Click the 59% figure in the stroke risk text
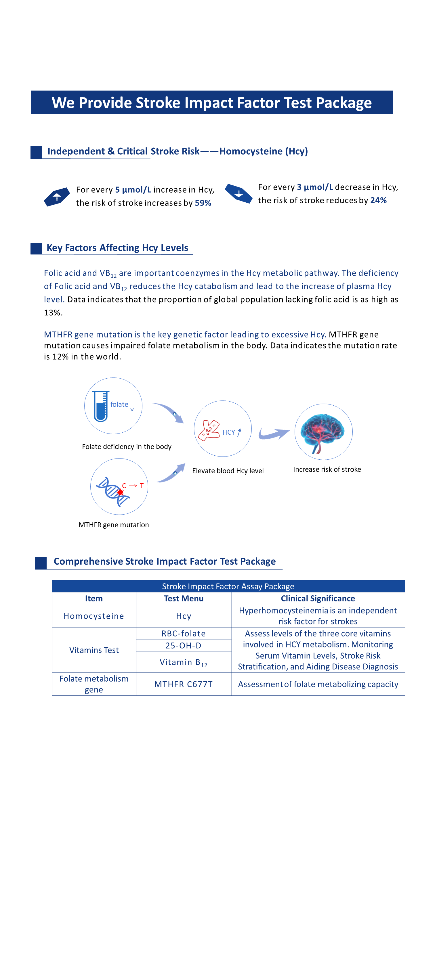coord(203,203)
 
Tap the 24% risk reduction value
coord(378,200)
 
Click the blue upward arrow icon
coord(57,197)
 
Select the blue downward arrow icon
coord(238,193)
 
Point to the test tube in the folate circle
coord(101,406)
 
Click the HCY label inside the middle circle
coord(229,432)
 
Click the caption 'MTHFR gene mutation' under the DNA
coord(114,525)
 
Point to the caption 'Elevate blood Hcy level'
coord(228,471)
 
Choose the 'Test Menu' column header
coord(184,598)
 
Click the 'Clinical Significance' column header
coord(318,598)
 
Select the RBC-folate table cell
coord(184,633)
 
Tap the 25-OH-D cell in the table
coord(184,645)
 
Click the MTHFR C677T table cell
coord(184,684)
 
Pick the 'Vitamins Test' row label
coord(94,650)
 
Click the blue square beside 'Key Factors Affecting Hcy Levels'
coord(36,249)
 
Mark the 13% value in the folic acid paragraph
coord(52,313)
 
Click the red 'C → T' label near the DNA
coord(133,486)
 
